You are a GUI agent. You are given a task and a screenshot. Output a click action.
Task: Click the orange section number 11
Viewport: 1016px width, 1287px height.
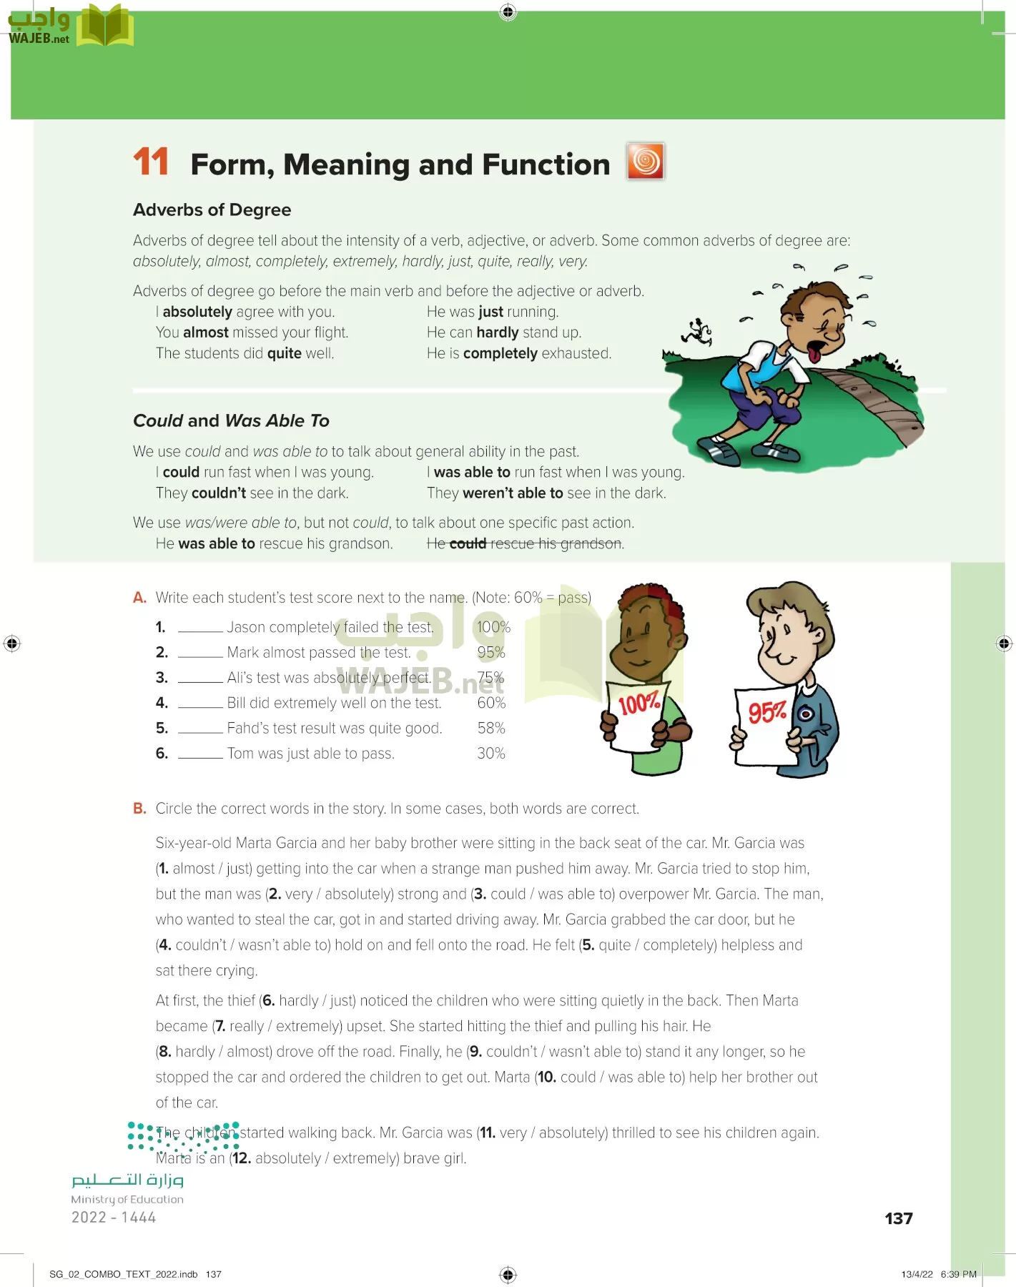coord(151,162)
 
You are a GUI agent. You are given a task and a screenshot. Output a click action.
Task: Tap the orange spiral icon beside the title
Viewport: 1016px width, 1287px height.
coord(645,161)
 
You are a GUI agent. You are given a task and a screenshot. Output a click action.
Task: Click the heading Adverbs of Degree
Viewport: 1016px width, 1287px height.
coord(212,209)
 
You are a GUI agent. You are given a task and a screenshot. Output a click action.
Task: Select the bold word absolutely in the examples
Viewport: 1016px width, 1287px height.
coord(197,312)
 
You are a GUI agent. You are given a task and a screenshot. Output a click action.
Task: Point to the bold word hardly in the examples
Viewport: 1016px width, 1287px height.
coord(497,332)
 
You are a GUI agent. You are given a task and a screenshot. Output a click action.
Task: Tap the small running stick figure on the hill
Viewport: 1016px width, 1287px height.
coord(696,332)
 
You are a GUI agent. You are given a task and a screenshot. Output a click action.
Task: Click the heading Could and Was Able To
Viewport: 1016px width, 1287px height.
coord(231,420)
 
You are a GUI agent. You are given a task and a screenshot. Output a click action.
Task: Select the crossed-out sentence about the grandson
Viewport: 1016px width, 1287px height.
coord(525,543)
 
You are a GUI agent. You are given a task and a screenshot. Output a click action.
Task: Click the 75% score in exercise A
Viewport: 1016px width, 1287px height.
coord(490,677)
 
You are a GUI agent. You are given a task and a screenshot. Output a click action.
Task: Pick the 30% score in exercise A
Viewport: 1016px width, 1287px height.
coord(490,753)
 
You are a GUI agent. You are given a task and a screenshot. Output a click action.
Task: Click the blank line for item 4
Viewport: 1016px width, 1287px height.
coord(200,704)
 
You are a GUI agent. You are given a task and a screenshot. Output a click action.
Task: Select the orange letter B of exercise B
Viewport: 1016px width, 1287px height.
coord(139,808)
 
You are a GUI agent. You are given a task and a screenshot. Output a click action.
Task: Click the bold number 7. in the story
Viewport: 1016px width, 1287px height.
coord(220,1026)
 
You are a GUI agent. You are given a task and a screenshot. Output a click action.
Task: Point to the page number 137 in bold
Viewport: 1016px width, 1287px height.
coord(898,1218)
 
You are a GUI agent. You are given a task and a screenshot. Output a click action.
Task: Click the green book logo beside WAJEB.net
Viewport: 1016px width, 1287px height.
coord(104,26)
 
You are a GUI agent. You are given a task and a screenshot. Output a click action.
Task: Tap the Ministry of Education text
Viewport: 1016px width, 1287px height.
coord(127,1199)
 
